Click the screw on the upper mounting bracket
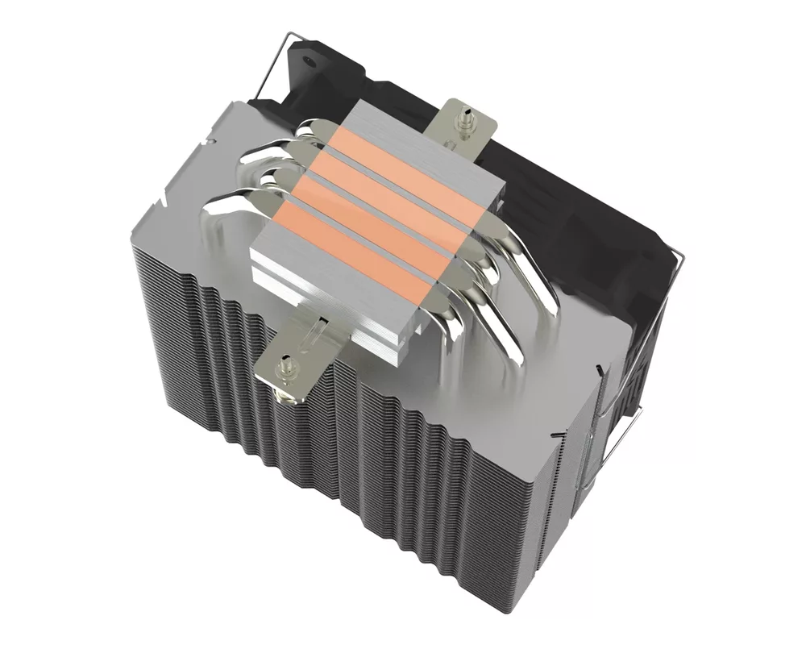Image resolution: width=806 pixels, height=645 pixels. (x=466, y=119)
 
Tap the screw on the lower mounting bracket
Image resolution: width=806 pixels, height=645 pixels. (x=285, y=365)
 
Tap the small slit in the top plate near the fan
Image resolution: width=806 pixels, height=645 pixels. (x=600, y=367)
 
